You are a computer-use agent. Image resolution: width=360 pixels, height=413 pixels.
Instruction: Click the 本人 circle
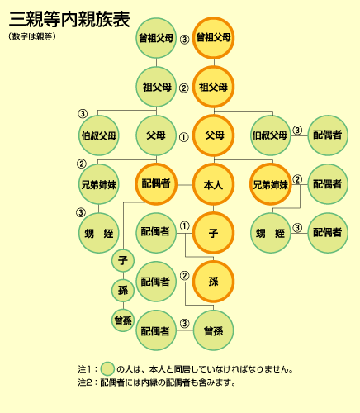[x=213, y=184]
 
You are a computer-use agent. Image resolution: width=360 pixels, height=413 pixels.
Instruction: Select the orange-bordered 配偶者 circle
[x=156, y=184]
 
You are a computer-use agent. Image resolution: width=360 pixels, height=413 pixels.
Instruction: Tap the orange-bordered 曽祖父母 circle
[x=213, y=38]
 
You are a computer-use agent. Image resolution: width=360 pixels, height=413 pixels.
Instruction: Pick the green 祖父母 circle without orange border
[x=156, y=87]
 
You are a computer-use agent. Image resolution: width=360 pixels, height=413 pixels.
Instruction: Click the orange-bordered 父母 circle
[x=213, y=135]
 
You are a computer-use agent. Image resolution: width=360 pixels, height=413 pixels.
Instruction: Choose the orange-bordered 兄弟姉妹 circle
[x=271, y=184]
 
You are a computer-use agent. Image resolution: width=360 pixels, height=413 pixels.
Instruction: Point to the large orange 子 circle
[x=213, y=233]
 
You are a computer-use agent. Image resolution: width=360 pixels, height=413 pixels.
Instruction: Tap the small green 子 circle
[x=123, y=260]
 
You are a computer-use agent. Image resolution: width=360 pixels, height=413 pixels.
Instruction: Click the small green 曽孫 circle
[x=123, y=320]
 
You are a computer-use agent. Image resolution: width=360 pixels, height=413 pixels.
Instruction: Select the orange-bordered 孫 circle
[x=213, y=282]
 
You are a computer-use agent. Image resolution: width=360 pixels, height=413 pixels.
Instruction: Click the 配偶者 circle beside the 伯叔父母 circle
[x=328, y=135]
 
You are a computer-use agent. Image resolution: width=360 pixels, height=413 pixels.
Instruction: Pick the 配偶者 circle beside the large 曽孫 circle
[x=156, y=330]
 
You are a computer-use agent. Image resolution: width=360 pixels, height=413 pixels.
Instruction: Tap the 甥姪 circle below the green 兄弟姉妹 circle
[x=99, y=233]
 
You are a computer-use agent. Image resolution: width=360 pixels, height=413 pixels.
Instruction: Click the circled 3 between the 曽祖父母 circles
[x=185, y=40]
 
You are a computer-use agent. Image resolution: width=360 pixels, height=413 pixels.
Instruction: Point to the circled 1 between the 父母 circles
[x=184, y=137]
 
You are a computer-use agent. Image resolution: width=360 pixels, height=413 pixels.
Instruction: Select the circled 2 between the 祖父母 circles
[x=184, y=88]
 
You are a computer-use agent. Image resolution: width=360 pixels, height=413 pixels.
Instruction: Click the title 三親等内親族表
[x=69, y=19]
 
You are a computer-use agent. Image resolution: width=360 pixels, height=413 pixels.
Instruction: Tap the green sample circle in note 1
[x=107, y=368]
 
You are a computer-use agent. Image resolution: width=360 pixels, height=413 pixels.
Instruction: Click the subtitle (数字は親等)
[x=32, y=36]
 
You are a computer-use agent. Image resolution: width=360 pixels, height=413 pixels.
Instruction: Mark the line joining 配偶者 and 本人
[x=185, y=185]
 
